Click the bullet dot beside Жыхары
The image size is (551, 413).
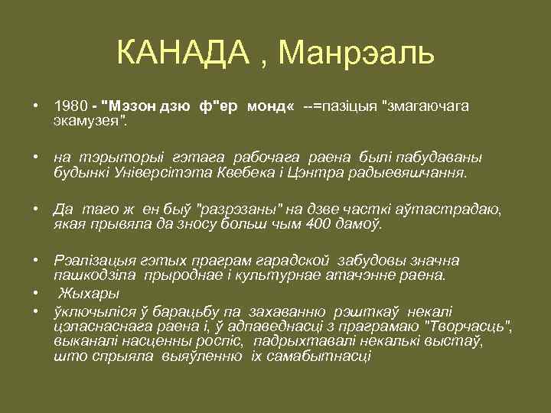click(x=35, y=294)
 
